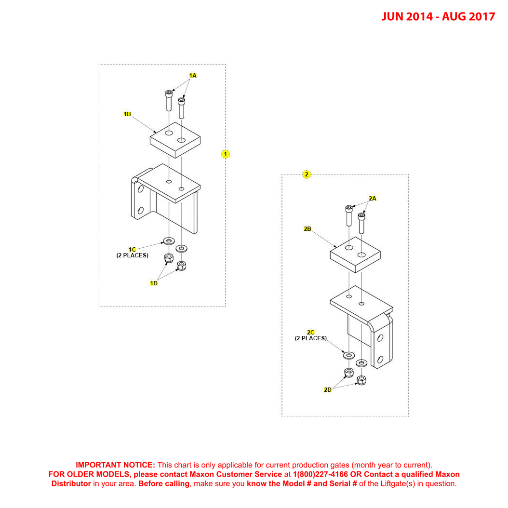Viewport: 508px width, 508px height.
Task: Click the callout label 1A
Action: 193,76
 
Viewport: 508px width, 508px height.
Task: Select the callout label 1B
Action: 127,114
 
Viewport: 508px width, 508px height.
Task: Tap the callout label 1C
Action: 132,249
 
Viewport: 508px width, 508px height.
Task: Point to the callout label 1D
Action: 154,283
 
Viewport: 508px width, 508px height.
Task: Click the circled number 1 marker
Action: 225,154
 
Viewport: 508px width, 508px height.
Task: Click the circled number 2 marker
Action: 307,174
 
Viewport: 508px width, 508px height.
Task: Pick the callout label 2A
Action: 372,199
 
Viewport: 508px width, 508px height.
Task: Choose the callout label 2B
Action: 307,229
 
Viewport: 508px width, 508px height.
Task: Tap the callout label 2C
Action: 311,332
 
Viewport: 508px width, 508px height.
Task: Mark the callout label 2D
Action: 328,390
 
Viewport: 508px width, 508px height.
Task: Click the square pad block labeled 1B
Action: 174,140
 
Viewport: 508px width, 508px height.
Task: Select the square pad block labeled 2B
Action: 355,254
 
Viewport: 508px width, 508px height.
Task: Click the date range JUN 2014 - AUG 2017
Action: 438,16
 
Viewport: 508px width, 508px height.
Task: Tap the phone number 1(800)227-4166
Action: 321,474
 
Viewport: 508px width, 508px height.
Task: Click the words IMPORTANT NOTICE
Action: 115,465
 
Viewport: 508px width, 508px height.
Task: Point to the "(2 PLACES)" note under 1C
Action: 132,255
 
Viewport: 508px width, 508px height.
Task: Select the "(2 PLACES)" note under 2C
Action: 311,338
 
